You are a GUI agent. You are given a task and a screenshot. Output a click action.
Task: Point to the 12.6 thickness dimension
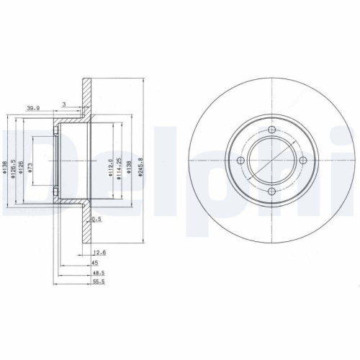tap(99, 252)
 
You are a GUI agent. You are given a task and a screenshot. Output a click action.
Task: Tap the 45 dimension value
tap(94, 264)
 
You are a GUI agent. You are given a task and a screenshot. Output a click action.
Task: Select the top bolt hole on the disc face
tap(271, 130)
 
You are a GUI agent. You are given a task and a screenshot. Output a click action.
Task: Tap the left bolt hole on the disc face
tap(242, 160)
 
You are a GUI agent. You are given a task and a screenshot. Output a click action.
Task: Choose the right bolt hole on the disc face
tap(301, 160)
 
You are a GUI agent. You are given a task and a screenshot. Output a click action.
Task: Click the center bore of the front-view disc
tap(271, 160)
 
